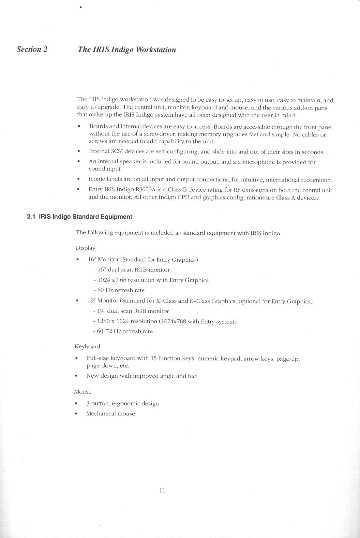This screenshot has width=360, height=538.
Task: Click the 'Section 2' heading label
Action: pos(32,49)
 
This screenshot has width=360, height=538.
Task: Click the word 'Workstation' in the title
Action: pos(156,50)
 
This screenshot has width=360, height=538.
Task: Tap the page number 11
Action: pos(162,490)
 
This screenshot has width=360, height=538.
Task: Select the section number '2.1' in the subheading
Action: pos(31,217)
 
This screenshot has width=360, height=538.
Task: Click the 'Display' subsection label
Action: pos(85,248)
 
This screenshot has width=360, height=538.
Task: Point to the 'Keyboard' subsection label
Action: pos(87,346)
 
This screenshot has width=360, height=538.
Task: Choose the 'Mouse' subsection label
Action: pos(82,392)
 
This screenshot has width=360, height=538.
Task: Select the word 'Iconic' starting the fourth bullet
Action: pos(97,179)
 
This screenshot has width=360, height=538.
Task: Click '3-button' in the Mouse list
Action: pos(97,403)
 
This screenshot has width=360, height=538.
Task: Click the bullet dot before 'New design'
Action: pos(76,376)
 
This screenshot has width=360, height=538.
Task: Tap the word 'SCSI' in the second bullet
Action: pos(117,152)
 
